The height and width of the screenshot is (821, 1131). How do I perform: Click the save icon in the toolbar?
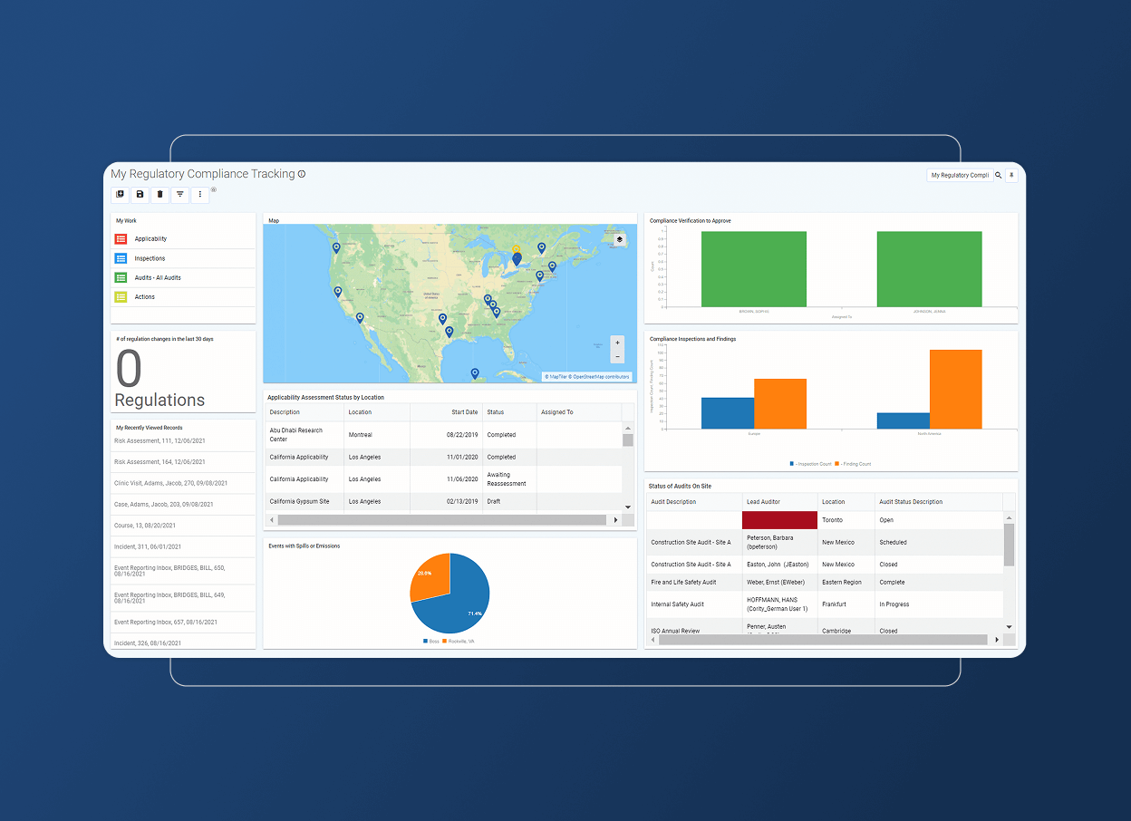coord(140,194)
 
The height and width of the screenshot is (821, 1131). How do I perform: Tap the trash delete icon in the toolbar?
coord(159,194)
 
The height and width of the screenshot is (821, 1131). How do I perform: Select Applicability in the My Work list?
coord(150,239)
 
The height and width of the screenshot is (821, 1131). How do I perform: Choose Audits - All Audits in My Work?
coord(158,277)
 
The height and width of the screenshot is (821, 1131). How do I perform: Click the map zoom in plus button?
coord(617,343)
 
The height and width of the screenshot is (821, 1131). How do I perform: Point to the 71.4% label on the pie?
coord(474,613)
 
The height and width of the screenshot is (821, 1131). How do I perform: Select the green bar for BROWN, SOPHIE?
coord(753,269)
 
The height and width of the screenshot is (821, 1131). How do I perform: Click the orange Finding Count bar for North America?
coord(955,389)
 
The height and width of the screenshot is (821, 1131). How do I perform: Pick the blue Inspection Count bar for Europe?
coord(727,412)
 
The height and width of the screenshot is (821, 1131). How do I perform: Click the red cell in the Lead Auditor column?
coord(779,520)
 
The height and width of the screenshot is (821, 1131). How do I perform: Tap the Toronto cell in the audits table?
coord(832,520)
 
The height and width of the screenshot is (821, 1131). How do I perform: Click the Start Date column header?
coord(465,412)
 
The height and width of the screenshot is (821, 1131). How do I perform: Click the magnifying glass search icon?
coord(998,176)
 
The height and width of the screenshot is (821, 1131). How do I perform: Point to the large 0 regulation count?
coord(129,370)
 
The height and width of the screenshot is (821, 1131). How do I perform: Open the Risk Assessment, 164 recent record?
coord(159,462)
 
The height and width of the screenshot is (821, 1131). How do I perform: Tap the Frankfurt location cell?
coord(834,604)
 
